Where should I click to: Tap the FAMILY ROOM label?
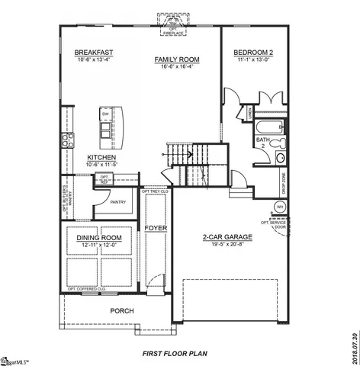click(x=176, y=59)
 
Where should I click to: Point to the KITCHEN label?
click(x=101, y=158)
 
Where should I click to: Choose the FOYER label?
click(x=156, y=228)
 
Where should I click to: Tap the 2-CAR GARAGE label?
click(x=227, y=237)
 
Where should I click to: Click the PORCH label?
click(x=123, y=310)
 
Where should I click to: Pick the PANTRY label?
click(x=117, y=203)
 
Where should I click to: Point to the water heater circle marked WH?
click(x=279, y=207)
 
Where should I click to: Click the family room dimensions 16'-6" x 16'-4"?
click(x=176, y=66)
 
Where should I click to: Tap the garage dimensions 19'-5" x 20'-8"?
click(x=227, y=245)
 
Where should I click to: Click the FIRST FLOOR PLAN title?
click(x=175, y=354)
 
